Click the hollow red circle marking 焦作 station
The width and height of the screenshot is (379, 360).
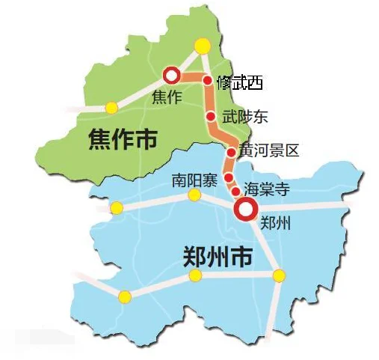tap(171, 75)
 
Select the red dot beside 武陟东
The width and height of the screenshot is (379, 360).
tap(212, 117)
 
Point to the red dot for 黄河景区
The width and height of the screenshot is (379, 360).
tap(231, 152)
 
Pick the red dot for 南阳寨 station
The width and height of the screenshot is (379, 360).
tap(227, 178)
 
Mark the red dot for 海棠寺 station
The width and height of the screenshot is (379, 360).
tap(235, 191)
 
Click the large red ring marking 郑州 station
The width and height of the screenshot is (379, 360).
tap(244, 210)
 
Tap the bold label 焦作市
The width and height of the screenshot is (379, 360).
tap(123, 138)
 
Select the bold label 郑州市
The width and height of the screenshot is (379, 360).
tap(218, 256)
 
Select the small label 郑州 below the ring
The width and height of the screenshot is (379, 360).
tap(271, 223)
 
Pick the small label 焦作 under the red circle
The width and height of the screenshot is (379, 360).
tap(166, 97)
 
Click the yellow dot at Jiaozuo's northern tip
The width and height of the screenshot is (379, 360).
tap(202, 46)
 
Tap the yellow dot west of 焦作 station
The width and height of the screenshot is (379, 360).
tap(111, 108)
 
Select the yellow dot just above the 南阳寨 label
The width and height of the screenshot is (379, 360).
tap(194, 195)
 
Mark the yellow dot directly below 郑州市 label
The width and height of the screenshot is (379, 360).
tap(196, 276)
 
